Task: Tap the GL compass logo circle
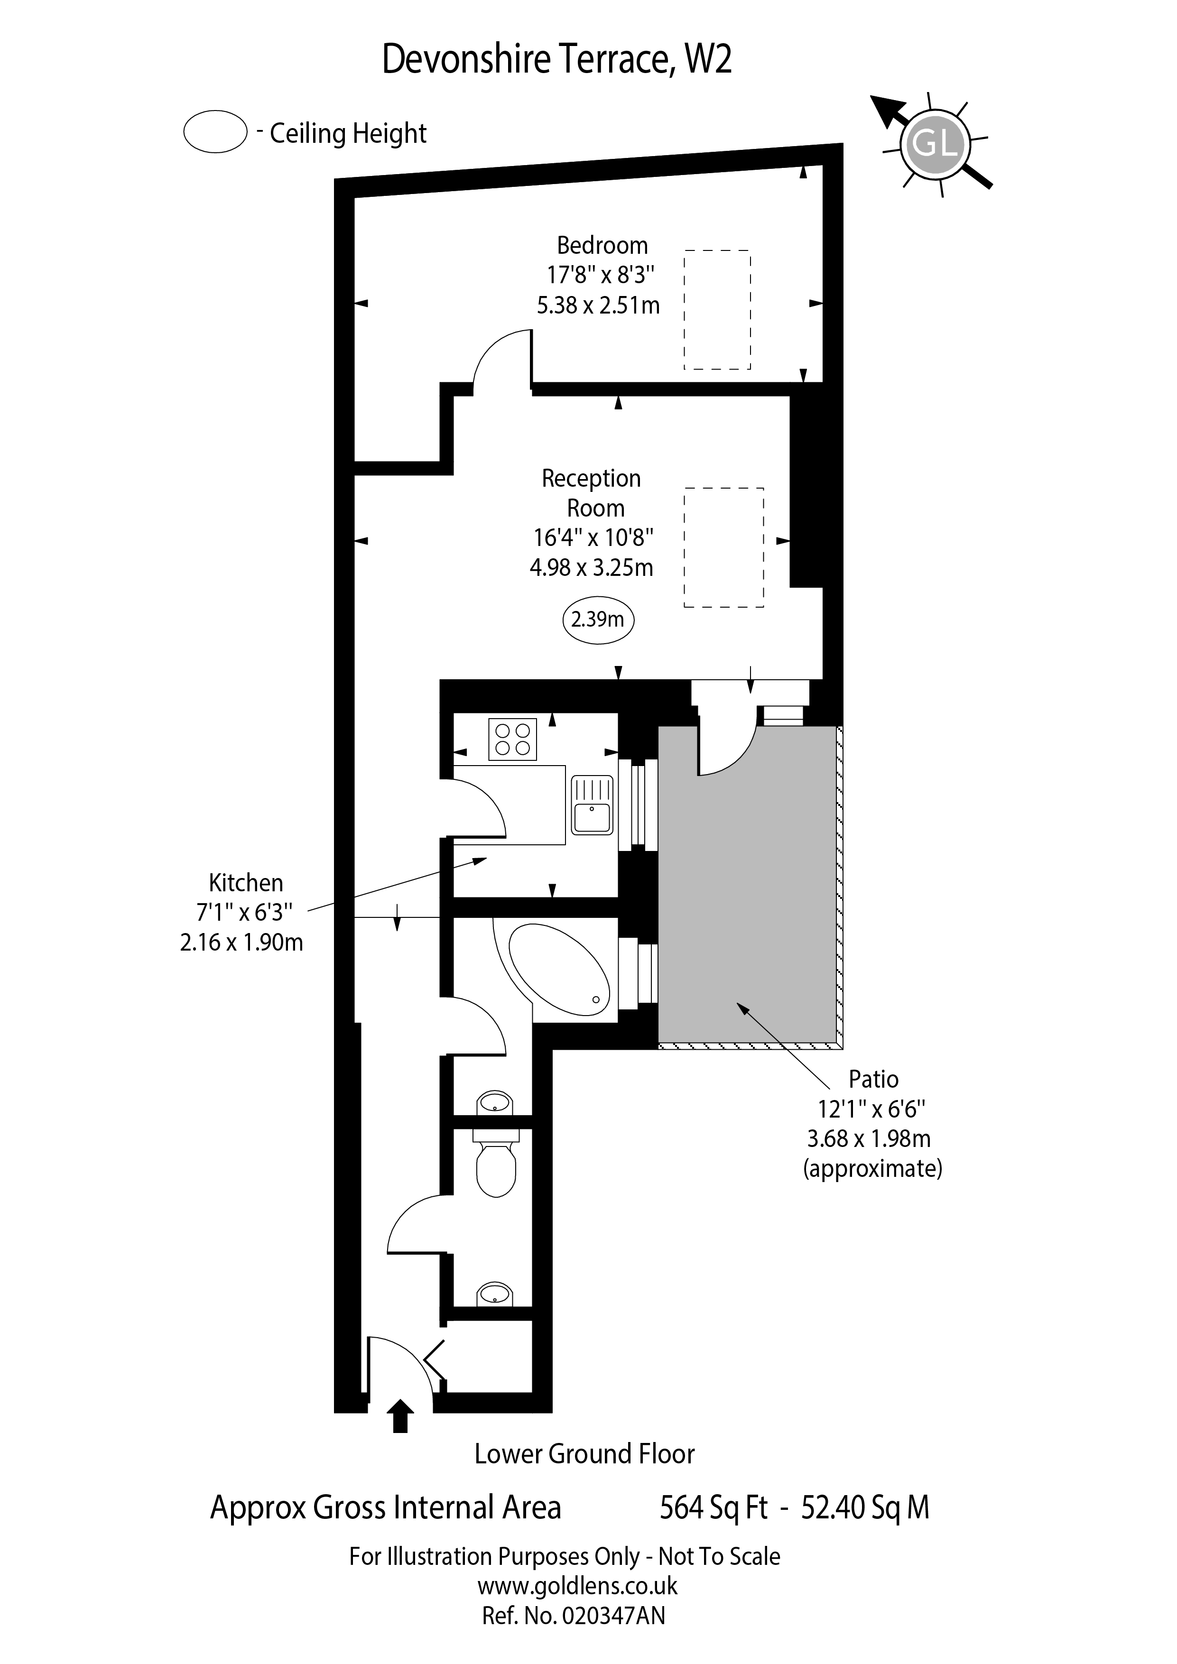(x=935, y=146)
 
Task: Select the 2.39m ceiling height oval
(x=598, y=619)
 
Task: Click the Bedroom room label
(x=602, y=246)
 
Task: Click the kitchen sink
(x=592, y=804)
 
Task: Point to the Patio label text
(x=873, y=1079)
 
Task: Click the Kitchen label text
(x=246, y=883)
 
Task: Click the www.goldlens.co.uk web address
(x=577, y=1586)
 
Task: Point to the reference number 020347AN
(x=613, y=1616)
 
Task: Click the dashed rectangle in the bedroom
(x=717, y=310)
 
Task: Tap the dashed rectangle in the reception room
(x=723, y=547)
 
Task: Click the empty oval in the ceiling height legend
(x=215, y=132)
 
